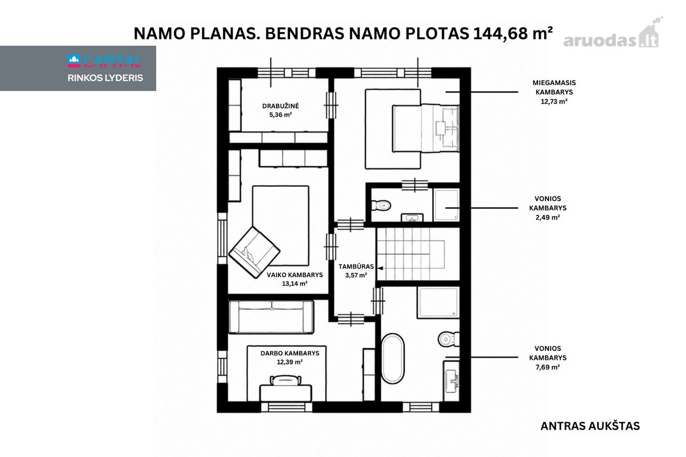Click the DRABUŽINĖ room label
click(280, 106)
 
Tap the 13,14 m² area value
click(294, 283)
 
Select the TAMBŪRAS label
click(356, 266)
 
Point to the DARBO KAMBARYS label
click(290, 353)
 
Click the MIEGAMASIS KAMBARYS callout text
click(554, 87)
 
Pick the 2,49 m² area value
click(548, 217)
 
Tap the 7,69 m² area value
click(548, 367)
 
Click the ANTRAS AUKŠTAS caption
click(590, 426)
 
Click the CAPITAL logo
click(105, 61)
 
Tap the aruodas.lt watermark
click(611, 34)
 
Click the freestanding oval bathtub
click(393, 359)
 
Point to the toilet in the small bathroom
click(381, 205)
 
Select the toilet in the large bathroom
click(449, 339)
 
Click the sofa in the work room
click(272, 316)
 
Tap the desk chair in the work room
click(285, 380)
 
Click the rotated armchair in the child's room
click(254, 252)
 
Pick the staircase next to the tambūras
click(418, 254)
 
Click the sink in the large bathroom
click(452, 381)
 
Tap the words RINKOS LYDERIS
click(105, 78)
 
